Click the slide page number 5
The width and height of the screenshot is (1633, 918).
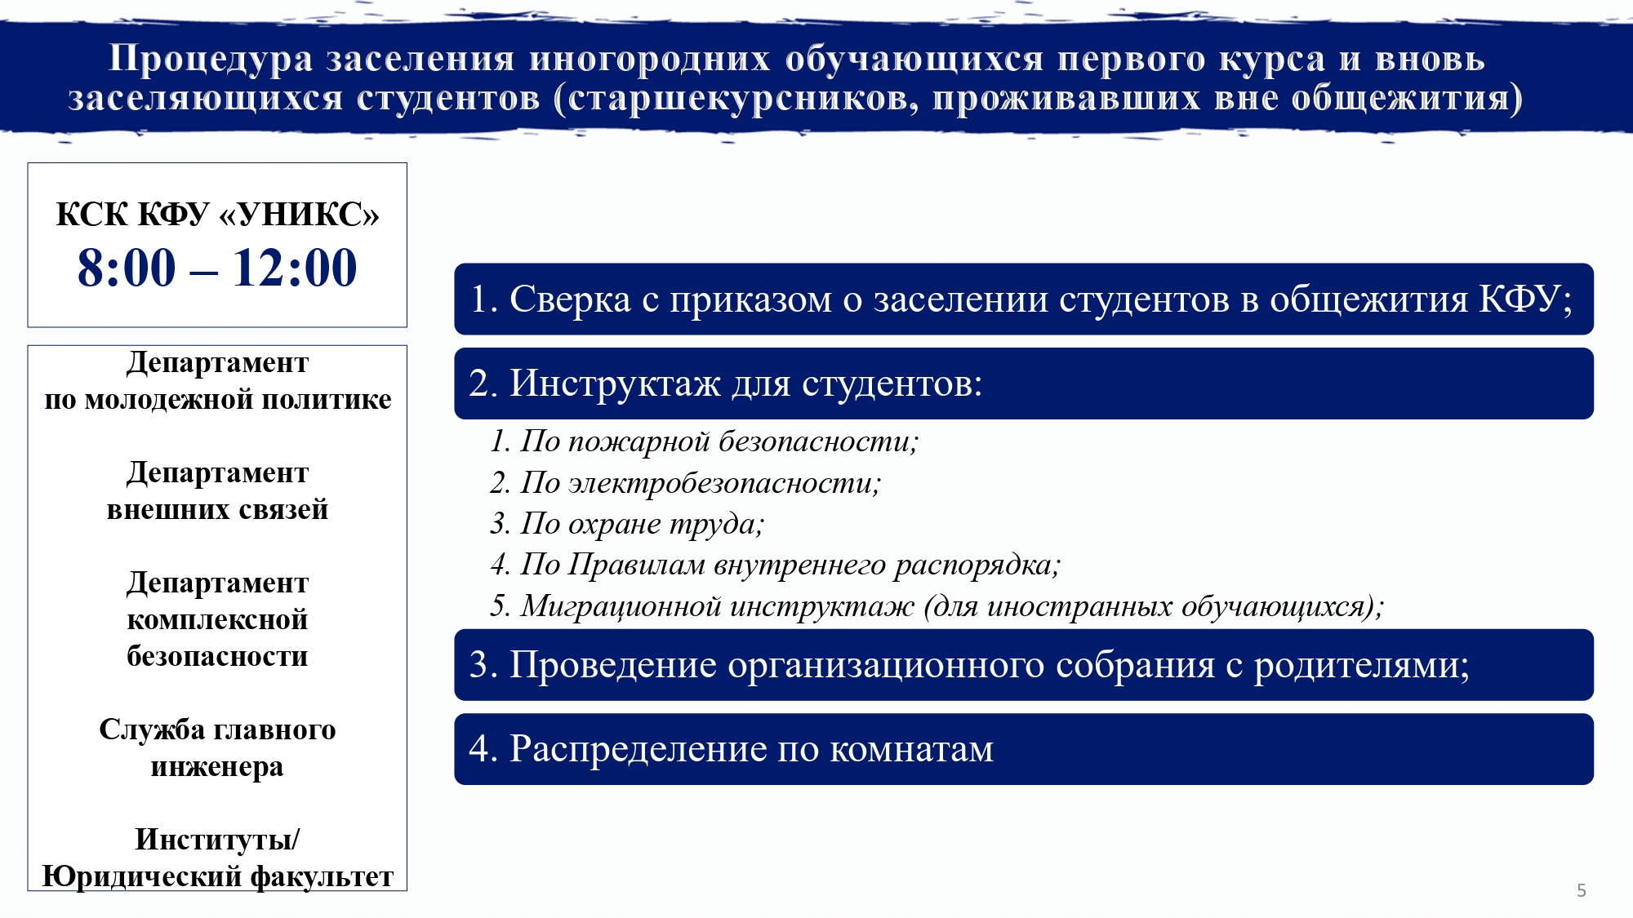1582,890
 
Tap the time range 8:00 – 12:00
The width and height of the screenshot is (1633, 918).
217,268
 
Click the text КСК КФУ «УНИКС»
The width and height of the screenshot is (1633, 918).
217,214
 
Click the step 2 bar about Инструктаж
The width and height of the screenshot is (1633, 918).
1024,384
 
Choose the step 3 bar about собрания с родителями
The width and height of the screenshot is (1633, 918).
1024,665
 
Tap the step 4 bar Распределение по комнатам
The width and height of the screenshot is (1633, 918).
1024,749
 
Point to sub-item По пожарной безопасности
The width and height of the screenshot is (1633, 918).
704,441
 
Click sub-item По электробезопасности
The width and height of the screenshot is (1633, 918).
685,483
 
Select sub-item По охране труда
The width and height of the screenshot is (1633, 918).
627,524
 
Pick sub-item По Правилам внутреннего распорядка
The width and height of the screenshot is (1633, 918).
775,565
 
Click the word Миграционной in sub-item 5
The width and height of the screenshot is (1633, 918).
621,605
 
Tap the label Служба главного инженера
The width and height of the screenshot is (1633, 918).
217,747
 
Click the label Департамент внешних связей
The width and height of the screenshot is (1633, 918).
217,490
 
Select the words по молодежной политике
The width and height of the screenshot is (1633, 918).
217,399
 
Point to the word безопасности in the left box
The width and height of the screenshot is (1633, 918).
217,656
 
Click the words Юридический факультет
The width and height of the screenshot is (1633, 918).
217,876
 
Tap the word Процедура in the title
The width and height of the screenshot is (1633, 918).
211,59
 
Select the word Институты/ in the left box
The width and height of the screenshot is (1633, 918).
217,839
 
